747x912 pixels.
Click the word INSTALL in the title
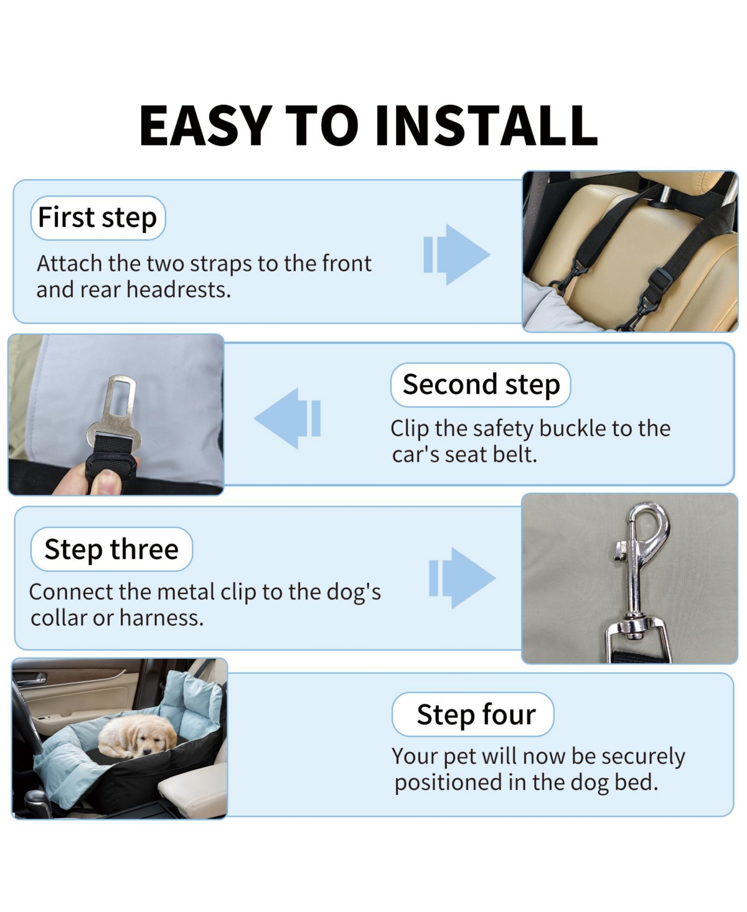(486, 126)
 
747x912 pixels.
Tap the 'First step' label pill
(98, 218)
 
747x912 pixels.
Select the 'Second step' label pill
(481, 384)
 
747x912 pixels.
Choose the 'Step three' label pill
(111, 549)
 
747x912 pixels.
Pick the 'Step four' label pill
(472, 714)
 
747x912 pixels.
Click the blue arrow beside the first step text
(456, 254)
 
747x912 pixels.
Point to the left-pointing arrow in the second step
(288, 418)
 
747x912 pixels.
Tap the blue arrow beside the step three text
(463, 578)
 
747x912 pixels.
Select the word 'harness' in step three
(161, 618)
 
